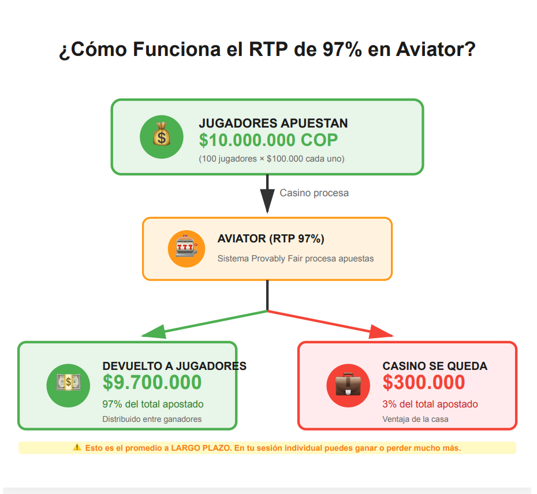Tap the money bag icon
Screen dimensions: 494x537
[x=162, y=137]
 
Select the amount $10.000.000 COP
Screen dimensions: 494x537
[x=268, y=140]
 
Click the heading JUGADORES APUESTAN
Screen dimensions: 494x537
[x=273, y=123]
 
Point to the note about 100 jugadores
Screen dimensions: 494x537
[x=271, y=159]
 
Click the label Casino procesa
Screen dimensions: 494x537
[x=314, y=193]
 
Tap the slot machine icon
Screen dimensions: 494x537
[x=186, y=249]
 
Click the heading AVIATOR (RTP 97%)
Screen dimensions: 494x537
[x=271, y=238]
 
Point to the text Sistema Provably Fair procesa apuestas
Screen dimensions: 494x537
[x=295, y=259]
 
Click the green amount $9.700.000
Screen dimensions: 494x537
[x=152, y=383]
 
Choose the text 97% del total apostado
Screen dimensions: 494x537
[x=153, y=404]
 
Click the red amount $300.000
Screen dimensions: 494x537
[x=424, y=383]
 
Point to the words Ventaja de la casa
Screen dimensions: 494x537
[x=415, y=419]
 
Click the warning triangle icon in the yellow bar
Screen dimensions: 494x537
[x=77, y=448]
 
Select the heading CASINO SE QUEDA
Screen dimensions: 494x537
[x=435, y=366]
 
